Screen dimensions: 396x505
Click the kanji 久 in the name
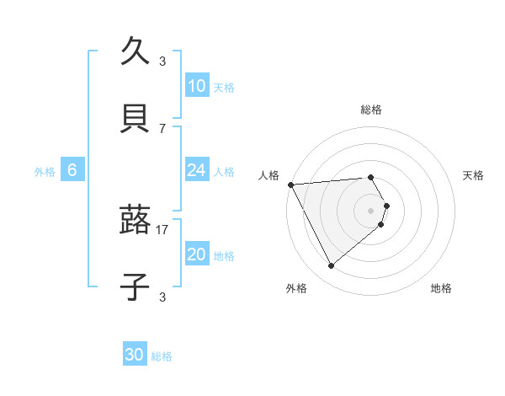pos(135,52)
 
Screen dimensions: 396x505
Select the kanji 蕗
pos(135,221)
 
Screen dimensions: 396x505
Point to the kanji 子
pos(135,286)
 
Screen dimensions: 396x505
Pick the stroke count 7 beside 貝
pos(162,128)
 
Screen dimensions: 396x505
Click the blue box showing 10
pos(196,86)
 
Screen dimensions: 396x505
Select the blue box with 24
pos(196,170)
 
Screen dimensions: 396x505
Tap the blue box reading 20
pos(196,254)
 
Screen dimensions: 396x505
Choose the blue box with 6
pos(72,170)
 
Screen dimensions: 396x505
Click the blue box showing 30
pos(135,356)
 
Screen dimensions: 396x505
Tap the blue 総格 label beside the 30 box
pos(162,356)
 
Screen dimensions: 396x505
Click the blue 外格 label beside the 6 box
pos(45,171)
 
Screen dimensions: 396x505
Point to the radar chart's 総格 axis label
pos(371,110)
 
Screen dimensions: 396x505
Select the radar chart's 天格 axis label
pos(474,175)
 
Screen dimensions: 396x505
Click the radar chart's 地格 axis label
pos(441,288)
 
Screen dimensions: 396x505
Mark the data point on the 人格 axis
pos(290,185)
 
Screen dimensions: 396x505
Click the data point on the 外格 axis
pos(331,266)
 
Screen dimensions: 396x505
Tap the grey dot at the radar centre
pos(371,210)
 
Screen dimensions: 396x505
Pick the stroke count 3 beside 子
pos(162,297)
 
